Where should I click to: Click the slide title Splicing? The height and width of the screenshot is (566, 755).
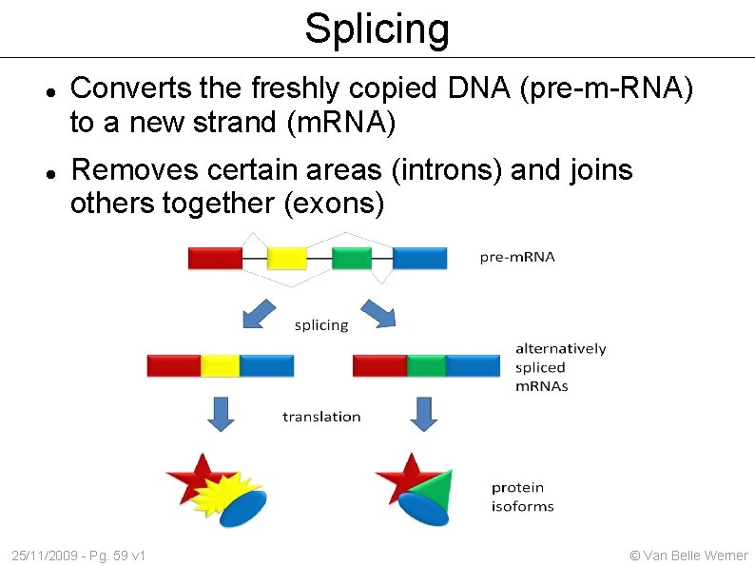[x=377, y=29]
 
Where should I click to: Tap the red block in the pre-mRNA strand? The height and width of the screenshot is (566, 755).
[x=215, y=258]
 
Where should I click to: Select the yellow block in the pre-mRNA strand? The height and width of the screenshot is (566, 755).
[x=286, y=258]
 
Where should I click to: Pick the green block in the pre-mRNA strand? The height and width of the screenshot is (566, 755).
[x=351, y=258]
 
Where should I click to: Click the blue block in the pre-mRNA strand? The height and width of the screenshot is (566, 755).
[x=419, y=258]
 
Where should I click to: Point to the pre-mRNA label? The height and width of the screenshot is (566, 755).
[x=517, y=257]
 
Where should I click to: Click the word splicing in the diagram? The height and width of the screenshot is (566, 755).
[x=321, y=325]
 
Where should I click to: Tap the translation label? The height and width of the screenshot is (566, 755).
[x=321, y=417]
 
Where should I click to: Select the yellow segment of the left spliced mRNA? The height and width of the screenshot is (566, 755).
[x=220, y=365]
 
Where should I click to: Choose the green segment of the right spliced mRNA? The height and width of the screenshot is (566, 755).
[x=426, y=365]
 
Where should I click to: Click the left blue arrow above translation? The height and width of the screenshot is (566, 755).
[x=222, y=414]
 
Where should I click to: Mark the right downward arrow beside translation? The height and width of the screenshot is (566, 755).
[x=424, y=414]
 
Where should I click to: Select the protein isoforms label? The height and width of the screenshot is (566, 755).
[x=522, y=497]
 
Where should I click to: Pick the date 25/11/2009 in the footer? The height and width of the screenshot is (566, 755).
[x=46, y=555]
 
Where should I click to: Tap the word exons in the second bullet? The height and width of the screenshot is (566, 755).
[x=335, y=204]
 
